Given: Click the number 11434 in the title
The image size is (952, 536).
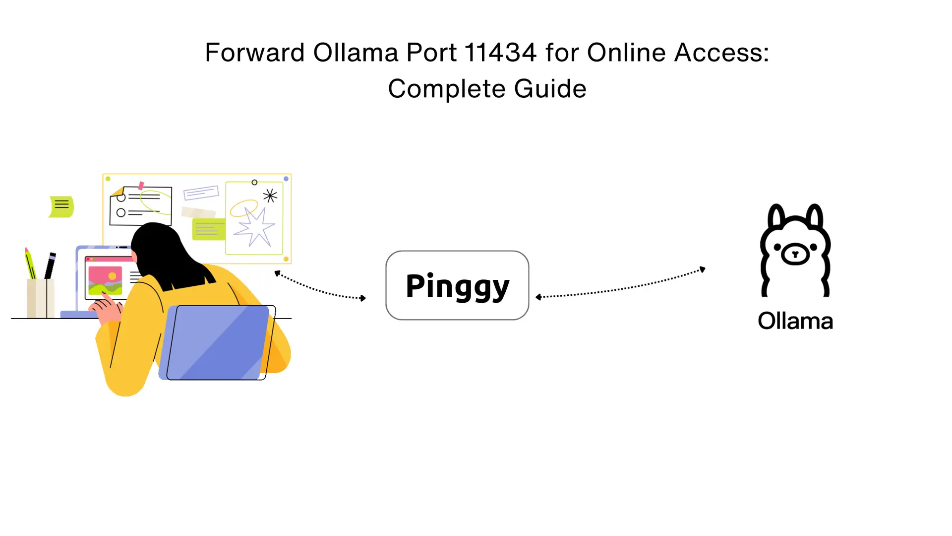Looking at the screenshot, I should [x=500, y=53].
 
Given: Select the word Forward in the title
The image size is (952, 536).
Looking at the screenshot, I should [x=254, y=53].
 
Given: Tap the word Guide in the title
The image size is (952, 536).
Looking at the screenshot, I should [x=550, y=89].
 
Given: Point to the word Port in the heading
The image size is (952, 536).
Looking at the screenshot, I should [x=431, y=53].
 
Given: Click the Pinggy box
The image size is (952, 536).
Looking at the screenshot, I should [x=457, y=285].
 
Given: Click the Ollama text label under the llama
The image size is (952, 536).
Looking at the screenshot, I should [x=795, y=321].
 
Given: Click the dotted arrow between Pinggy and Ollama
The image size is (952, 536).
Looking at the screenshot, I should [x=620, y=288].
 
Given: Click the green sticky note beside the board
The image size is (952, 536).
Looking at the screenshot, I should [x=61, y=206].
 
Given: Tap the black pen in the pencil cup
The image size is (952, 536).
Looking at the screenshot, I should [x=50, y=266].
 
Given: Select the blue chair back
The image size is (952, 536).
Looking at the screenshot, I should [x=218, y=342].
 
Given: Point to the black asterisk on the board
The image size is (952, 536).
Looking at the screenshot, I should [x=270, y=196].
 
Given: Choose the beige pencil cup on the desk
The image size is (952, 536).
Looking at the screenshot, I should [x=40, y=298].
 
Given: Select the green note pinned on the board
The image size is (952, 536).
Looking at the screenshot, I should [x=208, y=229].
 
